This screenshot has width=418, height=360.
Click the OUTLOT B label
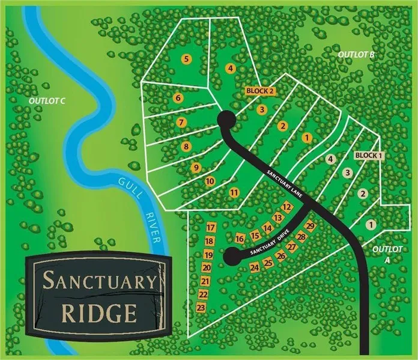[356, 55]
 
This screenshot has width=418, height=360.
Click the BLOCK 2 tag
[261, 91]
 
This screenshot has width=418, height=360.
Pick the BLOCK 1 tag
[368, 155]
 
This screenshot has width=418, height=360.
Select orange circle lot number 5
[187, 59]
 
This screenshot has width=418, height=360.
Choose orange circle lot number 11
[234, 192]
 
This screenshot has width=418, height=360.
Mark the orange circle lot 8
[186, 146]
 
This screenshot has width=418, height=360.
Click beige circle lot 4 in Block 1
[329, 159]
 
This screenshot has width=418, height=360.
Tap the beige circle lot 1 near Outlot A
[371, 224]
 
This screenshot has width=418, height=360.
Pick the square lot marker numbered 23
[201, 308]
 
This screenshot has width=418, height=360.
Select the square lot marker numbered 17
[210, 228]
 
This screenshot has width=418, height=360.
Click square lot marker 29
[310, 226]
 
